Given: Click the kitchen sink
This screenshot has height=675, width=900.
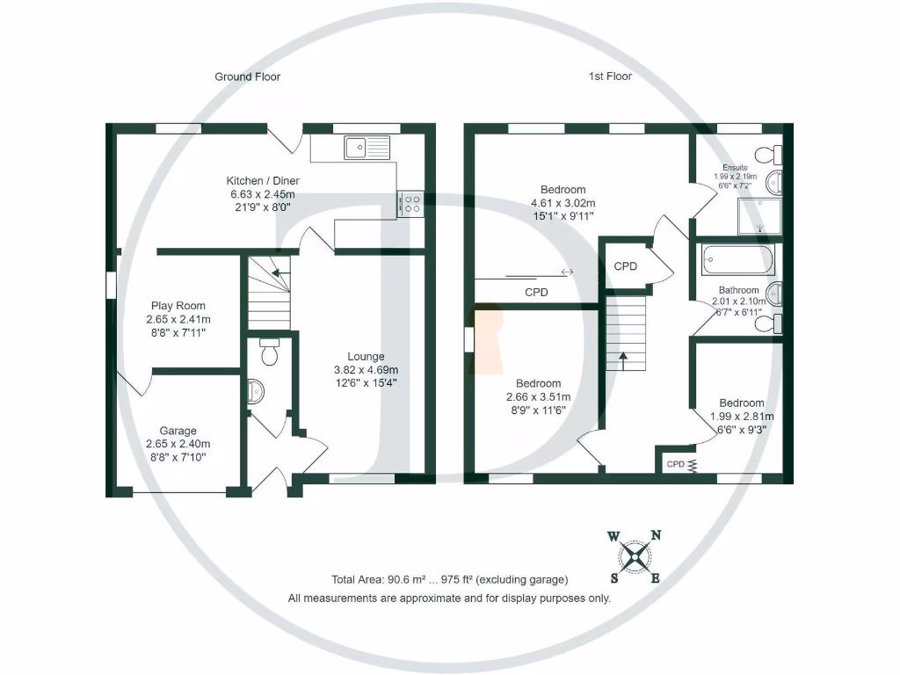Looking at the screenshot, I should (368, 148).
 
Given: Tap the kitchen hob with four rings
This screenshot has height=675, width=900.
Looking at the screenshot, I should (410, 203).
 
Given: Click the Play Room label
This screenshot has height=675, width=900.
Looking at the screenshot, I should (177, 306).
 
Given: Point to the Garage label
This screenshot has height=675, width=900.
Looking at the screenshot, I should (178, 431).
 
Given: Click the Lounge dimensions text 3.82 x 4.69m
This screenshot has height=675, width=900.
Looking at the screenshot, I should (366, 369).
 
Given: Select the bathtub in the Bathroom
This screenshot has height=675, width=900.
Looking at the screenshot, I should (738, 260).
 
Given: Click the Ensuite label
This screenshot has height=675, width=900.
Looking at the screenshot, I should (735, 167).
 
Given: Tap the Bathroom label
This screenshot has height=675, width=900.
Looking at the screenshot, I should (738, 290).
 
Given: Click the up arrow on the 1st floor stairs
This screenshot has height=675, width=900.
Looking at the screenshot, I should (624, 357).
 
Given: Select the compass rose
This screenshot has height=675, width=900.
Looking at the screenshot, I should (634, 556).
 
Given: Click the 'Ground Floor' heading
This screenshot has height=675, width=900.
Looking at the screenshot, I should (247, 76).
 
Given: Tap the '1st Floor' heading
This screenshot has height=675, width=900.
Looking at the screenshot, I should (610, 76).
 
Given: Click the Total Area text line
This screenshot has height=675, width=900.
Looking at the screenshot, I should (449, 579).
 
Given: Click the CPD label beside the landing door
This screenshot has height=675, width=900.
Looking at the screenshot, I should (625, 265).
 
